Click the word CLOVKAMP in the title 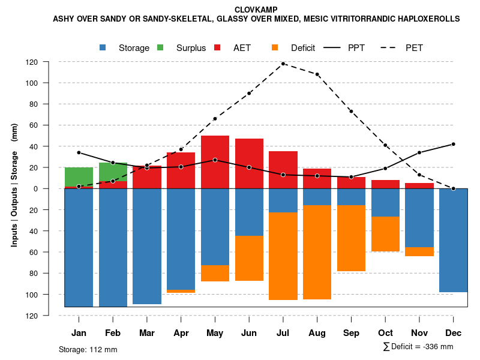[256, 10]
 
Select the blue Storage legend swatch [103, 47]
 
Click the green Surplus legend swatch [161, 47]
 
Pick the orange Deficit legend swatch [275, 47]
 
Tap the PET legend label [414, 48]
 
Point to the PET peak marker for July [283, 64]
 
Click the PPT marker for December [453, 144]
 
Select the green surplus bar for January [79, 177]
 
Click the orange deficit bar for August [317, 252]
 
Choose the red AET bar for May [215, 162]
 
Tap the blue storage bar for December [453, 240]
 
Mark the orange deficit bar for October [385, 234]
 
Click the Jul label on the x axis [283, 333]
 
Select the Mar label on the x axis [147, 333]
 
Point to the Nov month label [419, 333]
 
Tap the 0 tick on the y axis [52, 188]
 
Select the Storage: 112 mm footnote [88, 349]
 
